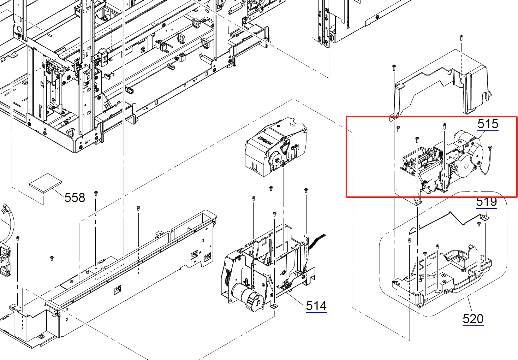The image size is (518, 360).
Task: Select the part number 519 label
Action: (x=487, y=202)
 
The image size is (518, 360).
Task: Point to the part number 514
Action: (x=316, y=306)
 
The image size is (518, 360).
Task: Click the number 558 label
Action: (x=75, y=198)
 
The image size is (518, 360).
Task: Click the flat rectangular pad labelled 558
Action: (x=46, y=183)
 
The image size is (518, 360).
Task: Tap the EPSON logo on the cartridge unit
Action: (x=265, y=140)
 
